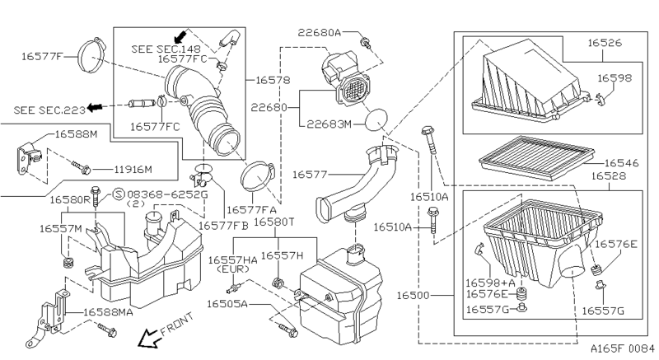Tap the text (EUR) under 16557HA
(x=235, y=270)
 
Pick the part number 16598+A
(x=490, y=281)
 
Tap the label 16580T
(x=273, y=222)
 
